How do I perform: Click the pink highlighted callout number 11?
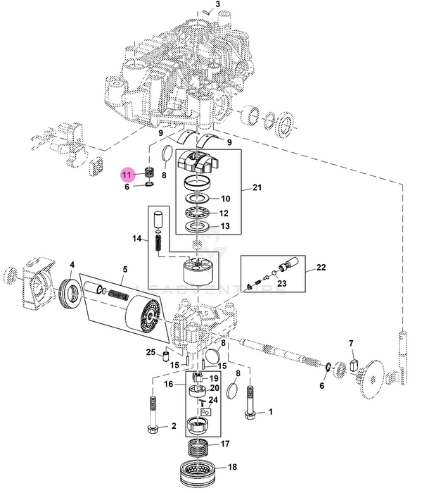[x=127, y=173]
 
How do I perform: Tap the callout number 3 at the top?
[x=218, y=4]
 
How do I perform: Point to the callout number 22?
[x=321, y=268]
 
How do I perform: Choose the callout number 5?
[x=125, y=269]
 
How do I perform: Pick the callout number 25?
[x=151, y=351]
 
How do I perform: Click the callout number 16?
[x=169, y=384]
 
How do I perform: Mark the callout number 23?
[x=281, y=284]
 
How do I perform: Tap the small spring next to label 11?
[x=150, y=173]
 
